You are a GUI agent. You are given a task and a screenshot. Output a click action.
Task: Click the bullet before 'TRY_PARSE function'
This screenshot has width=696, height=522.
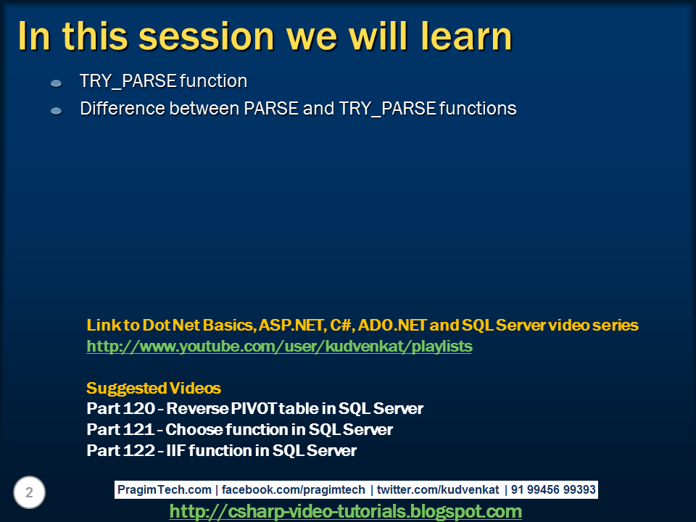click(56, 84)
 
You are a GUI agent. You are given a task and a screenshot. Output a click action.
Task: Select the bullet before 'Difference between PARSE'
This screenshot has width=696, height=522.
click(56, 111)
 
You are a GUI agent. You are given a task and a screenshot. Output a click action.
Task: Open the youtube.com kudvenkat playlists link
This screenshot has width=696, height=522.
click(279, 347)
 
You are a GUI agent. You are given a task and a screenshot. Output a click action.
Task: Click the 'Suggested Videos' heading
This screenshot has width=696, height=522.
click(154, 388)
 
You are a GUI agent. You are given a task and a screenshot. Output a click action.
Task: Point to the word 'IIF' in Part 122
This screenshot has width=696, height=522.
click(176, 450)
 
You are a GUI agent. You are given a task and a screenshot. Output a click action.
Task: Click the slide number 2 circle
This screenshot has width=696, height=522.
click(29, 493)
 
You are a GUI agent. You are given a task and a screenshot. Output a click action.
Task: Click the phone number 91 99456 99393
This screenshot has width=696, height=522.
click(553, 490)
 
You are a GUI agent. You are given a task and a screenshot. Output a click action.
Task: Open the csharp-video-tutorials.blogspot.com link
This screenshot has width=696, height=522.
click(345, 512)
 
